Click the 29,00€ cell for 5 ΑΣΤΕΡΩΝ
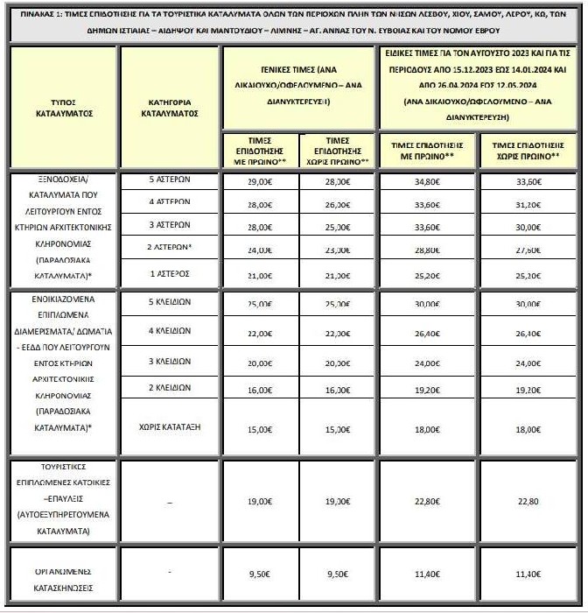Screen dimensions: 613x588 [x=259, y=182]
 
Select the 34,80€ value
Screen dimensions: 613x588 [x=429, y=182]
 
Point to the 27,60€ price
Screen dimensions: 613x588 [x=528, y=250]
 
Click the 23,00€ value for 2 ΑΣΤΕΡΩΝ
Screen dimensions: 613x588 [x=338, y=250]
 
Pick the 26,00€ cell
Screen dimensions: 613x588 [x=338, y=204]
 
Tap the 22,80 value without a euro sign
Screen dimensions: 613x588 [x=528, y=502]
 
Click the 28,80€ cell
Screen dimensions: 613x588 [x=429, y=250]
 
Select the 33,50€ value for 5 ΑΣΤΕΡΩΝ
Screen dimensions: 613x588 [x=528, y=182]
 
